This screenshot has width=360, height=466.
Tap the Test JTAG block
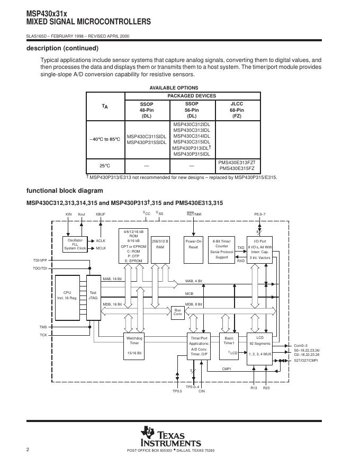pos(93,296)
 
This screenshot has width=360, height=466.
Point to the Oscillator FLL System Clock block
pos(75,244)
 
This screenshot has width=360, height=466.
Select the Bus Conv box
pos(178,312)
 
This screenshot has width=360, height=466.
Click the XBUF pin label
pos(100,214)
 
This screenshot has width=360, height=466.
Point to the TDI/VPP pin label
pos(40,261)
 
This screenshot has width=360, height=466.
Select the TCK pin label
pos(43,335)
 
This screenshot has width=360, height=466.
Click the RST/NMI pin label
pos(194,214)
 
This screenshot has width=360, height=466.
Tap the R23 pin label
pos(266,388)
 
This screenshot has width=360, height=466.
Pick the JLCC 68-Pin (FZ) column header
pos(237,110)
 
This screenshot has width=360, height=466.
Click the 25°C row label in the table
pos(104,166)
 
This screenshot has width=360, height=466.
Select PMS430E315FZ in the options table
pos(237,169)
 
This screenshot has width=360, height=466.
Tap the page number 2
pos(28,450)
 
